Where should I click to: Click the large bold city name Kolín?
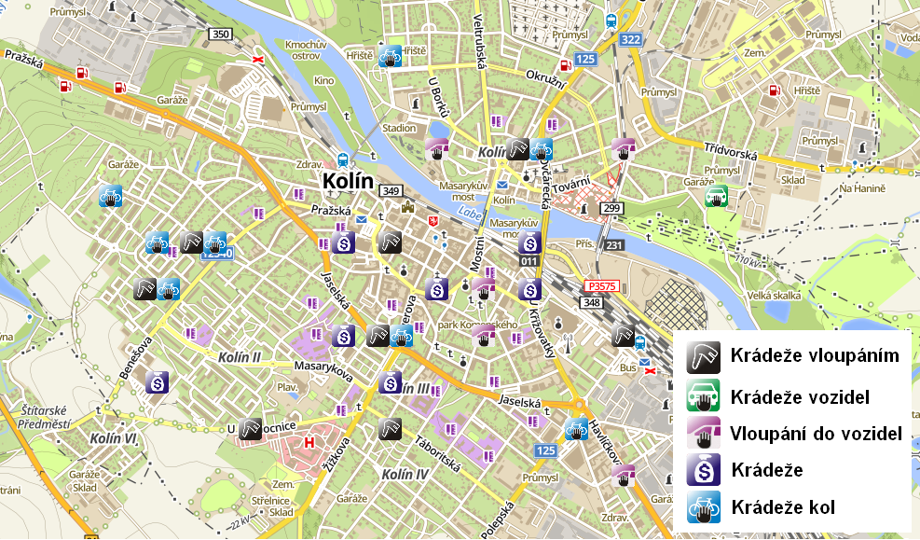347,181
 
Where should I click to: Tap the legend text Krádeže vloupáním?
815,355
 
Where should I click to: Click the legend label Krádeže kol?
783,507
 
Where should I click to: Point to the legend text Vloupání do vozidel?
816,433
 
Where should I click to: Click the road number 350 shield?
220,35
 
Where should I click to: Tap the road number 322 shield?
631,39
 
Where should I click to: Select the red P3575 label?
601,286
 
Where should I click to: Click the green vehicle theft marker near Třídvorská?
716,196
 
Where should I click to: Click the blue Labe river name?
468,215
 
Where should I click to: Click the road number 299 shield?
611,208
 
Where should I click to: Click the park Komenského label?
478,325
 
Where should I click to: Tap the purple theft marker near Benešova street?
158,381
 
